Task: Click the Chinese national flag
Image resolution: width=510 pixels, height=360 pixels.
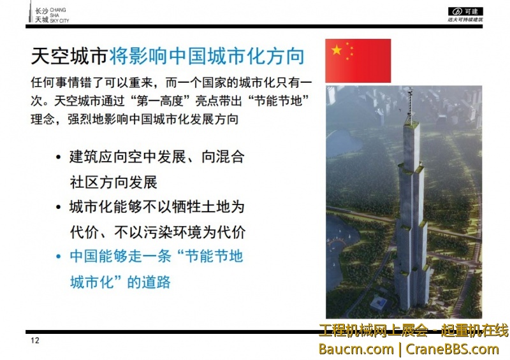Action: [x=358, y=61]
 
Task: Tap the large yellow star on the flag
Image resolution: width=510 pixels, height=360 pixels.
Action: [x=336, y=50]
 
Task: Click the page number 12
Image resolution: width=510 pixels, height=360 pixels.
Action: [x=35, y=341]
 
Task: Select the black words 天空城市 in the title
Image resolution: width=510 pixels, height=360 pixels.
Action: [x=69, y=57]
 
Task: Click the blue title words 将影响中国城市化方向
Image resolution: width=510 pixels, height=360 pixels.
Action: [x=206, y=57]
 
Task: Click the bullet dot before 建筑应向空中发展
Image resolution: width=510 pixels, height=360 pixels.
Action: [x=59, y=157]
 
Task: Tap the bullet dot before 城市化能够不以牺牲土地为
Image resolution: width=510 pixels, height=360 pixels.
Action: [x=59, y=208]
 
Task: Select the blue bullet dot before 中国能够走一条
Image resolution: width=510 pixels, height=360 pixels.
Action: [x=59, y=257]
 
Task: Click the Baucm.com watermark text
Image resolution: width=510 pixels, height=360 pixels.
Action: [x=356, y=349]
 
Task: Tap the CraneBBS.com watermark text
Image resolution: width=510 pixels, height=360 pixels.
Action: [x=452, y=349]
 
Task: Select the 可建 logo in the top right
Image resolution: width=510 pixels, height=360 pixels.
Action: [x=466, y=11]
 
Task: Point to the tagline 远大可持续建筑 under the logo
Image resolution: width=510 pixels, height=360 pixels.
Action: [x=465, y=20]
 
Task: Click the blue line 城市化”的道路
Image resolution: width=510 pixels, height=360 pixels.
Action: [x=120, y=282]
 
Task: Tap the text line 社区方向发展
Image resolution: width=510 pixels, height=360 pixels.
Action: [x=113, y=182]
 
